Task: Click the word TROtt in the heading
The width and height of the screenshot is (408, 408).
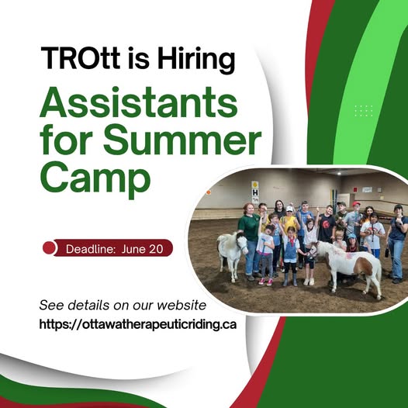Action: pos(81,57)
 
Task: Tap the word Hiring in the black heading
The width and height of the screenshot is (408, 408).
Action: pos(196,61)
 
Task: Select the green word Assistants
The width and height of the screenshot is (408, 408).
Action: pos(139,102)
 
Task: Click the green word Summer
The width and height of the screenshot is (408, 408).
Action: pos(182,140)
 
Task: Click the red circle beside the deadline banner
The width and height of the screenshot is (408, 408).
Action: pos(49,247)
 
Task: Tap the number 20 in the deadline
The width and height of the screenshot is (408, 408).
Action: pos(156,249)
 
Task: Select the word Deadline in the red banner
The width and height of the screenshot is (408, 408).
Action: pos(90,249)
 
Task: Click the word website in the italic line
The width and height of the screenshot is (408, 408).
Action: pos(182,305)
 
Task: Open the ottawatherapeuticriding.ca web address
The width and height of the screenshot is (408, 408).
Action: pos(137,324)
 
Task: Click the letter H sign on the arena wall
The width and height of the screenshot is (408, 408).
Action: pos(255,193)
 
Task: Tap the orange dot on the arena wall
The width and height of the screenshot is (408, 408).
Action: pos(208,192)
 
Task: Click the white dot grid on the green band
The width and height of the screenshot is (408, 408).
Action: pos(364,111)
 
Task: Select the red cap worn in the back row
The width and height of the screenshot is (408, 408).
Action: pos(356,204)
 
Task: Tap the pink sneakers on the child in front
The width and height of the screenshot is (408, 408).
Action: pos(265,282)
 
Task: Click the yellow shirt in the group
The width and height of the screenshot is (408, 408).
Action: pos(289,223)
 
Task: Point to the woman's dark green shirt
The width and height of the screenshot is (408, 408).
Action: pos(250,226)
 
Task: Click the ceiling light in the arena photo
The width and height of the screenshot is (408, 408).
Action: pos(339,173)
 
